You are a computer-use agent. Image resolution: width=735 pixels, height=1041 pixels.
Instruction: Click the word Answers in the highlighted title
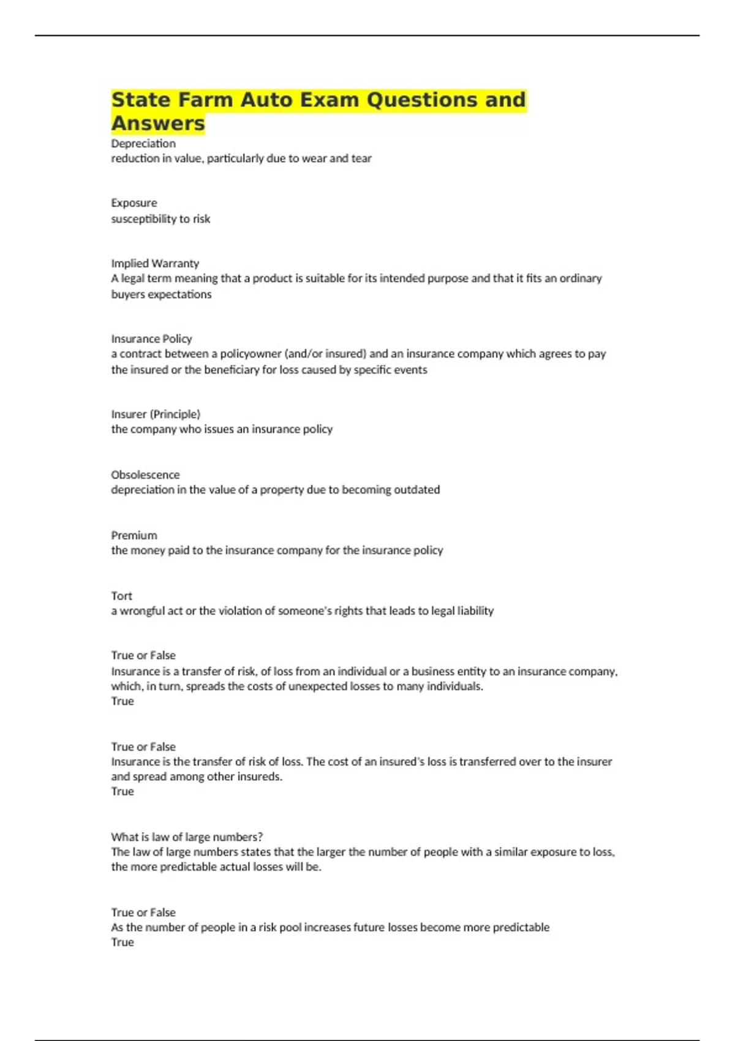pyautogui.click(x=158, y=123)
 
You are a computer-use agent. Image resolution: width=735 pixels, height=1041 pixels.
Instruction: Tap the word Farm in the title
pyautogui.click(x=206, y=99)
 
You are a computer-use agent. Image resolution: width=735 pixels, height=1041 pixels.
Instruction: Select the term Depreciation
pyautogui.click(x=143, y=143)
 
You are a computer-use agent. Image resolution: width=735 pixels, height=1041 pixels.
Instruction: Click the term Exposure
pyautogui.click(x=134, y=203)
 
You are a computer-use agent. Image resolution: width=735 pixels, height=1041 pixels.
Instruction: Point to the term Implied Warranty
pyautogui.click(x=155, y=263)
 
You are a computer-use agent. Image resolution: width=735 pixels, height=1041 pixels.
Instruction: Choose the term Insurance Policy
pyautogui.click(x=151, y=339)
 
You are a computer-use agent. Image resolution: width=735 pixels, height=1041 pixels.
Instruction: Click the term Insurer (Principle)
pyautogui.click(x=156, y=414)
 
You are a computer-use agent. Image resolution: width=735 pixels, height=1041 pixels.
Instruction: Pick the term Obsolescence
pyautogui.click(x=145, y=475)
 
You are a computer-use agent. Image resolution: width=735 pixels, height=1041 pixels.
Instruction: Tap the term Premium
pyautogui.click(x=134, y=535)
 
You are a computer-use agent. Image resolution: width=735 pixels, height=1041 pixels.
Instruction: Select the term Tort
pyautogui.click(x=121, y=596)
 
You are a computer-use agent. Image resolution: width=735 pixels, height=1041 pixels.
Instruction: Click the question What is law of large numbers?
pyautogui.click(x=187, y=836)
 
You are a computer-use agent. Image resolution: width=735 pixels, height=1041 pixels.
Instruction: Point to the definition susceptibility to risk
pyautogui.click(x=160, y=219)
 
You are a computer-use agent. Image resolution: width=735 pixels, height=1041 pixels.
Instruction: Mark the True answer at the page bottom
pyautogui.click(x=123, y=942)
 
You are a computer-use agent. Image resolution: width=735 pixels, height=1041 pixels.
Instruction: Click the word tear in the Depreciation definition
pyautogui.click(x=361, y=158)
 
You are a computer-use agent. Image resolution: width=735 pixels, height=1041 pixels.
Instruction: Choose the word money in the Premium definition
pyautogui.click(x=148, y=550)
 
